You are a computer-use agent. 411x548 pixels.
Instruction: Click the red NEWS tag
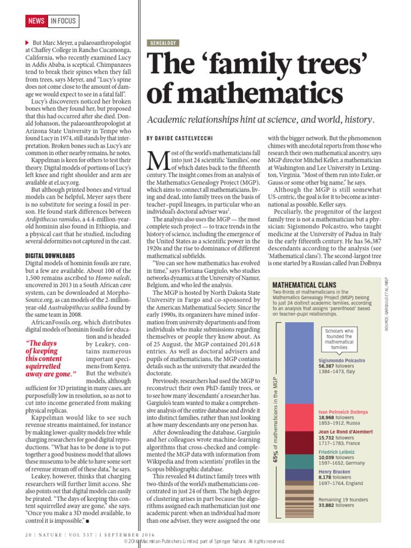coord(36,21)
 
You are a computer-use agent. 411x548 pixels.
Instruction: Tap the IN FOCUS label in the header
coord(63,21)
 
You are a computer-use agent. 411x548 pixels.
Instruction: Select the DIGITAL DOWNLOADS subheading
coord(50,256)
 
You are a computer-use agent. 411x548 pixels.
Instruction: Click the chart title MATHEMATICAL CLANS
coord(305,285)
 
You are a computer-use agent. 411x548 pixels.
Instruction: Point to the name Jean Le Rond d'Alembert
coord(345,432)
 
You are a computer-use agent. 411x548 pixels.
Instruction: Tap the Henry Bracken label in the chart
coord(334,472)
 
